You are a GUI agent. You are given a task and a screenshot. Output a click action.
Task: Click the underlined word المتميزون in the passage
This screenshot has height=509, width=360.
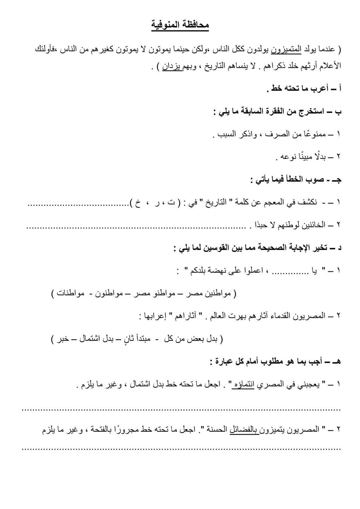(x=286, y=49)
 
